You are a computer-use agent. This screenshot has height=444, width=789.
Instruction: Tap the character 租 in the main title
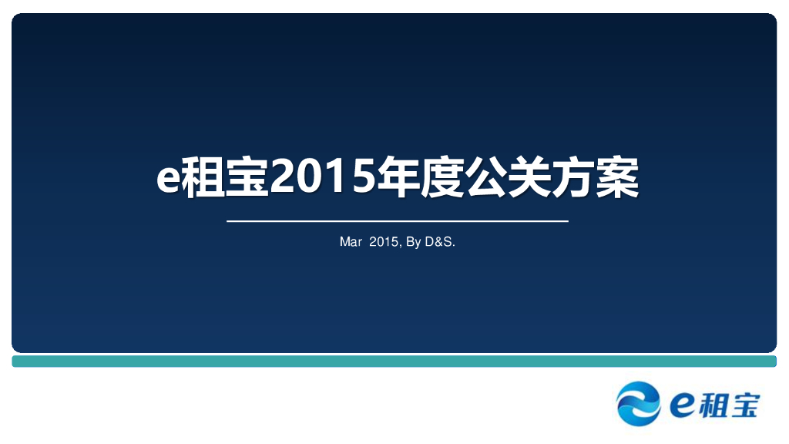coord(202,178)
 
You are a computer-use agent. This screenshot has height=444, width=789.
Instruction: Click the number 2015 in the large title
coord(321,178)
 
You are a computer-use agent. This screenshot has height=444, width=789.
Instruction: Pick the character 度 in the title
coord(440,178)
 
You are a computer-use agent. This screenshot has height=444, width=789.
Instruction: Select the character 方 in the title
coord(574,178)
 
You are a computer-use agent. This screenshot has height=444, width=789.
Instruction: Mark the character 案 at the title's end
coord(618,178)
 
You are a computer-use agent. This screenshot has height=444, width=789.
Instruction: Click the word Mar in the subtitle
coord(351,242)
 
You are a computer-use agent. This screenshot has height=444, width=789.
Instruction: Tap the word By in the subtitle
coord(413,242)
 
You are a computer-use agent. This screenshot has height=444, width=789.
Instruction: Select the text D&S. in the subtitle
coord(441,242)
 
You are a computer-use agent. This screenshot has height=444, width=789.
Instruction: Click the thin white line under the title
coord(397,221)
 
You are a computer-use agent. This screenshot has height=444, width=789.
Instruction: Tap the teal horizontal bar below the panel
coord(394,361)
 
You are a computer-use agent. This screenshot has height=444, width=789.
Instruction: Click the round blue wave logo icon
coord(639,403)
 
